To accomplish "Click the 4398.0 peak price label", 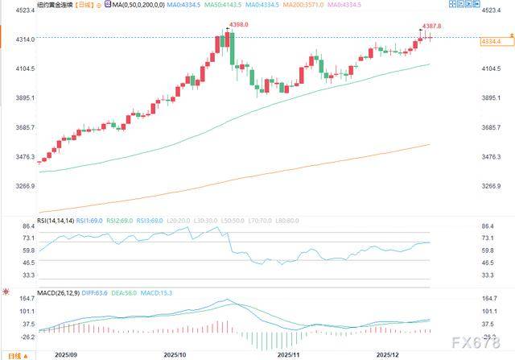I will pos(238,26).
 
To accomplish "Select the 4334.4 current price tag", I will pos(490,40).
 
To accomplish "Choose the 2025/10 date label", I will pos(175,354).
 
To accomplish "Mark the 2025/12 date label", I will pos(391,354).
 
